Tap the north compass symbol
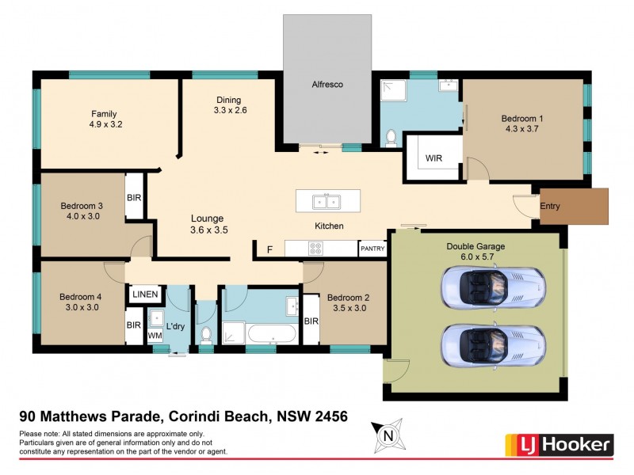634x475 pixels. click(x=388, y=435)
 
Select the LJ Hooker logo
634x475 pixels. click(x=559, y=444)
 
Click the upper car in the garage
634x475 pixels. click(x=493, y=289)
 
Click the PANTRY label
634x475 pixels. click(x=372, y=249)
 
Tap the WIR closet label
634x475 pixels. click(x=433, y=158)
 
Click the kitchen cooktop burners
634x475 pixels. click(x=315, y=249)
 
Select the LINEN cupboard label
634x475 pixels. click(x=146, y=294)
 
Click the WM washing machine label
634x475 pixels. click(x=155, y=336)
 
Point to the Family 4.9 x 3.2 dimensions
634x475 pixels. click(x=105, y=124)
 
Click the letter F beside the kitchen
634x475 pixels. click(x=269, y=250)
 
